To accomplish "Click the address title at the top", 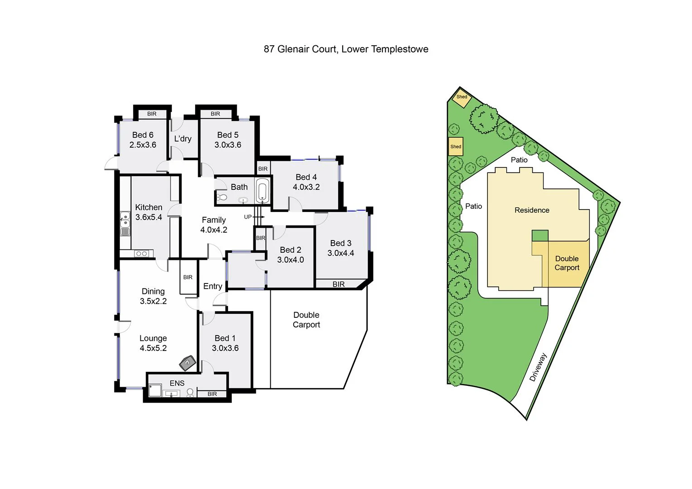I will [x=346, y=49].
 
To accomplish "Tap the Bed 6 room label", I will [x=143, y=135].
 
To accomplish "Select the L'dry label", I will [x=183, y=139].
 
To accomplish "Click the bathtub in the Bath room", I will [x=262, y=191].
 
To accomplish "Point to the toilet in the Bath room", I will [x=221, y=197].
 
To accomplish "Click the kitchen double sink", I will [x=124, y=224].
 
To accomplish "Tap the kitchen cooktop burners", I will [x=141, y=254].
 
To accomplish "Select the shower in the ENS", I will [x=155, y=391].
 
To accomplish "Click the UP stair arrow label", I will [x=248, y=217].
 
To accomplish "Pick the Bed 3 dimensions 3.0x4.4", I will [x=341, y=253].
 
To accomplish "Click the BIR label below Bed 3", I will [x=339, y=284].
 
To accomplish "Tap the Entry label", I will [x=213, y=286].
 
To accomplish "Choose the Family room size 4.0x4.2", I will [x=214, y=230].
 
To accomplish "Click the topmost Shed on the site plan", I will [x=462, y=97].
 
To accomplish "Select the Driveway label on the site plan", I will [x=538, y=367].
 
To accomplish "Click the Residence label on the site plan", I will [x=532, y=210].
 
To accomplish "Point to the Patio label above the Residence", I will [x=519, y=160].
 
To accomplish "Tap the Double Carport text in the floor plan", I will [x=306, y=320].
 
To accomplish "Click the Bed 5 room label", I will [x=228, y=135].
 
